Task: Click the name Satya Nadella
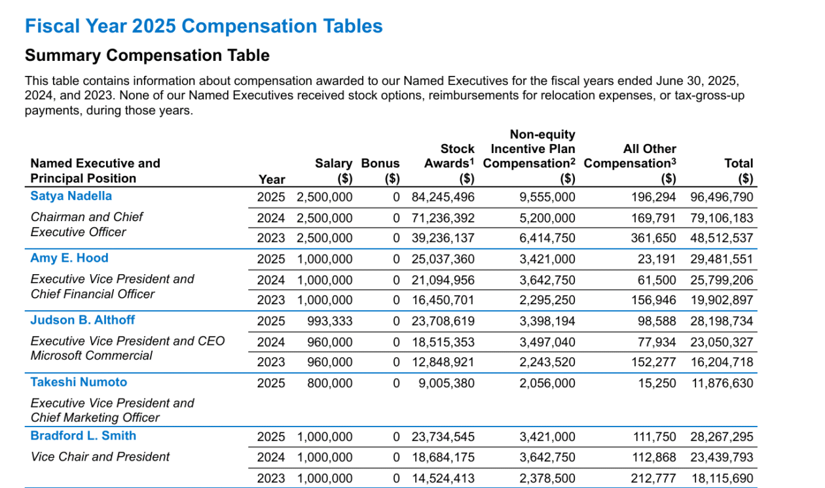[x=71, y=196]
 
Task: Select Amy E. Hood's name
[x=69, y=258]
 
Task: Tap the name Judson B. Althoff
[x=82, y=320]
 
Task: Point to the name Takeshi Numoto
[x=79, y=382]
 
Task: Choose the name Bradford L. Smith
[x=83, y=436]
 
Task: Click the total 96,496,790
[x=722, y=198]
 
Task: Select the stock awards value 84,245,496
[x=443, y=198]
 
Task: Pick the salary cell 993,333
[x=329, y=321]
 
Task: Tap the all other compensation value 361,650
[x=653, y=238]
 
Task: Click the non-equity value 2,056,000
[x=547, y=383]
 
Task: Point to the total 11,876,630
[x=722, y=383]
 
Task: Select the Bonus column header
[x=380, y=171]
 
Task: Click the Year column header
[x=272, y=179]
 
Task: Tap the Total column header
[x=739, y=171]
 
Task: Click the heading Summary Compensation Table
[x=147, y=56]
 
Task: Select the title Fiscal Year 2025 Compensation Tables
[x=204, y=26]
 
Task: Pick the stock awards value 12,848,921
[x=443, y=362]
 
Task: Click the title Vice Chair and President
[x=100, y=457]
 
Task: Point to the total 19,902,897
[x=722, y=300]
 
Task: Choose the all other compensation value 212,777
[x=653, y=478]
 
